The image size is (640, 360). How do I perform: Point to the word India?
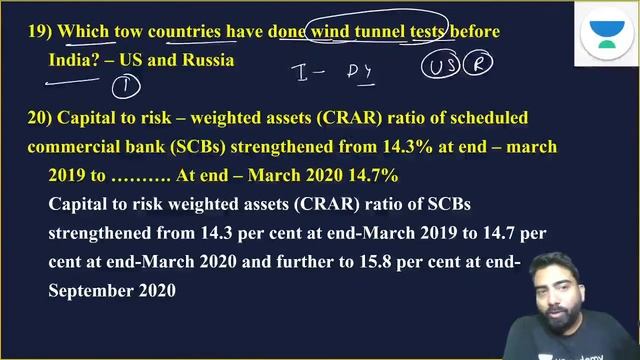(75, 60)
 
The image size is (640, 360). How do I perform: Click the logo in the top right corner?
(602, 38)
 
